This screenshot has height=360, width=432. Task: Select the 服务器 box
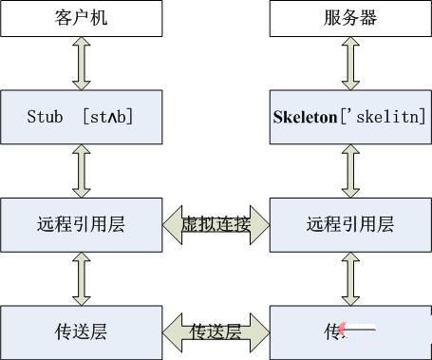pyautogui.click(x=347, y=17)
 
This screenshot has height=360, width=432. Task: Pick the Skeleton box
pyautogui.click(x=347, y=117)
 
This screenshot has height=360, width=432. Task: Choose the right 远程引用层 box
pyautogui.click(x=347, y=225)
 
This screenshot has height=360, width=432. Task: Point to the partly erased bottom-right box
pyautogui.click(x=347, y=332)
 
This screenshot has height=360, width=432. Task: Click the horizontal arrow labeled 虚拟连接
pyautogui.click(x=216, y=225)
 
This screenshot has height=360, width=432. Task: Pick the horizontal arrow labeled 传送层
pyautogui.click(x=216, y=332)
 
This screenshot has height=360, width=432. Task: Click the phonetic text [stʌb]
pyautogui.click(x=106, y=117)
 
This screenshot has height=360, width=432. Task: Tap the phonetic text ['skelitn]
pyautogui.click(x=384, y=117)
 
